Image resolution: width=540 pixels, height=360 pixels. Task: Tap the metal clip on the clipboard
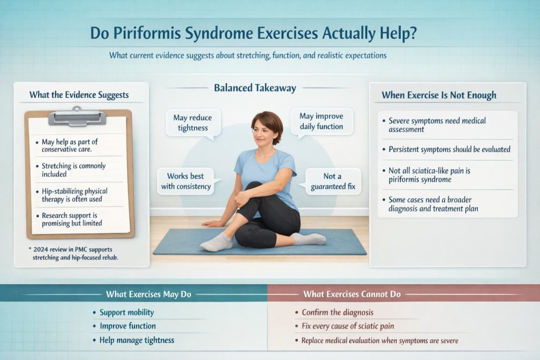77,116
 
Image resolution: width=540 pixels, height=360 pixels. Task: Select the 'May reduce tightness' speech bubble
190,123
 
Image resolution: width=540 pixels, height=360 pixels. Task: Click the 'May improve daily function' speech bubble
321,121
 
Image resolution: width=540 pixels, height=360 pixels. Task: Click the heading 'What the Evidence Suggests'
79,95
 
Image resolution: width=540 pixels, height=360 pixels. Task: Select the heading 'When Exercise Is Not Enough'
439,95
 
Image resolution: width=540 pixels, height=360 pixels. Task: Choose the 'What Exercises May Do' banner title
149,294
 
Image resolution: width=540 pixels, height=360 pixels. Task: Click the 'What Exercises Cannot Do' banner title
352,294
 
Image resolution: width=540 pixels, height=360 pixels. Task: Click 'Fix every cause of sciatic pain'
348,326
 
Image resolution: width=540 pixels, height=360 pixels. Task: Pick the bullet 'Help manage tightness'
137,340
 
